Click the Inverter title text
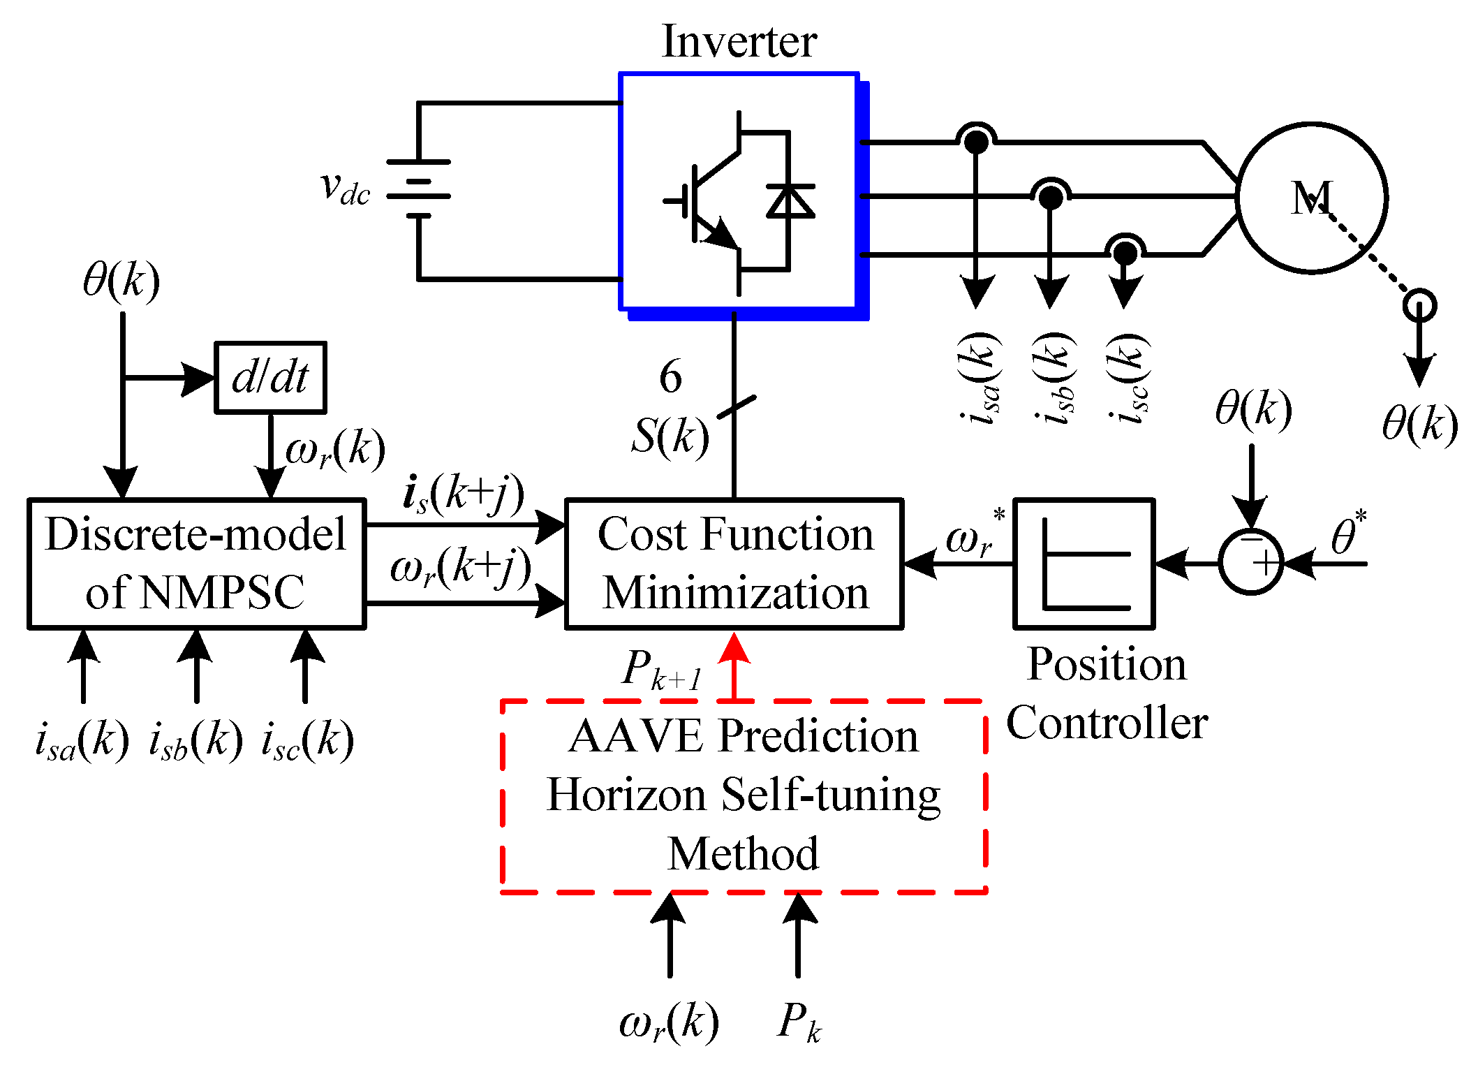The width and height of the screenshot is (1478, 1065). click(739, 42)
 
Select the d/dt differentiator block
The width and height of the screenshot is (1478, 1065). click(270, 378)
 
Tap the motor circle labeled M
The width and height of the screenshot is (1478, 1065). click(1311, 198)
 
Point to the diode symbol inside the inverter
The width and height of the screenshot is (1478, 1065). click(790, 201)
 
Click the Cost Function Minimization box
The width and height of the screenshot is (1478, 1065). click(734, 564)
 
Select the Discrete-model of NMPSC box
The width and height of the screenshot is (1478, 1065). click(196, 564)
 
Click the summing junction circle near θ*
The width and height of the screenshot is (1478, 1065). click(1251, 562)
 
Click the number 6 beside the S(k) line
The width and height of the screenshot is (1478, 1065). click(670, 377)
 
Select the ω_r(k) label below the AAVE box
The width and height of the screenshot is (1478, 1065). click(669, 1022)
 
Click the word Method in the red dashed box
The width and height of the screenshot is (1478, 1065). click(743, 853)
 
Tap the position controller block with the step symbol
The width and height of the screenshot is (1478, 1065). click(1084, 564)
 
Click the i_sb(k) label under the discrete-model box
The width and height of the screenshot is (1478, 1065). click(196, 740)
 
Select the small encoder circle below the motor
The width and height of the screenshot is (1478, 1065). click(1419, 305)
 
